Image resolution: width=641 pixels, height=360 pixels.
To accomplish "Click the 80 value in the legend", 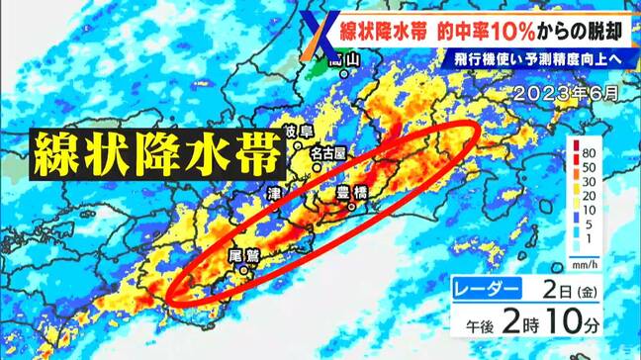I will tap(588, 156).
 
